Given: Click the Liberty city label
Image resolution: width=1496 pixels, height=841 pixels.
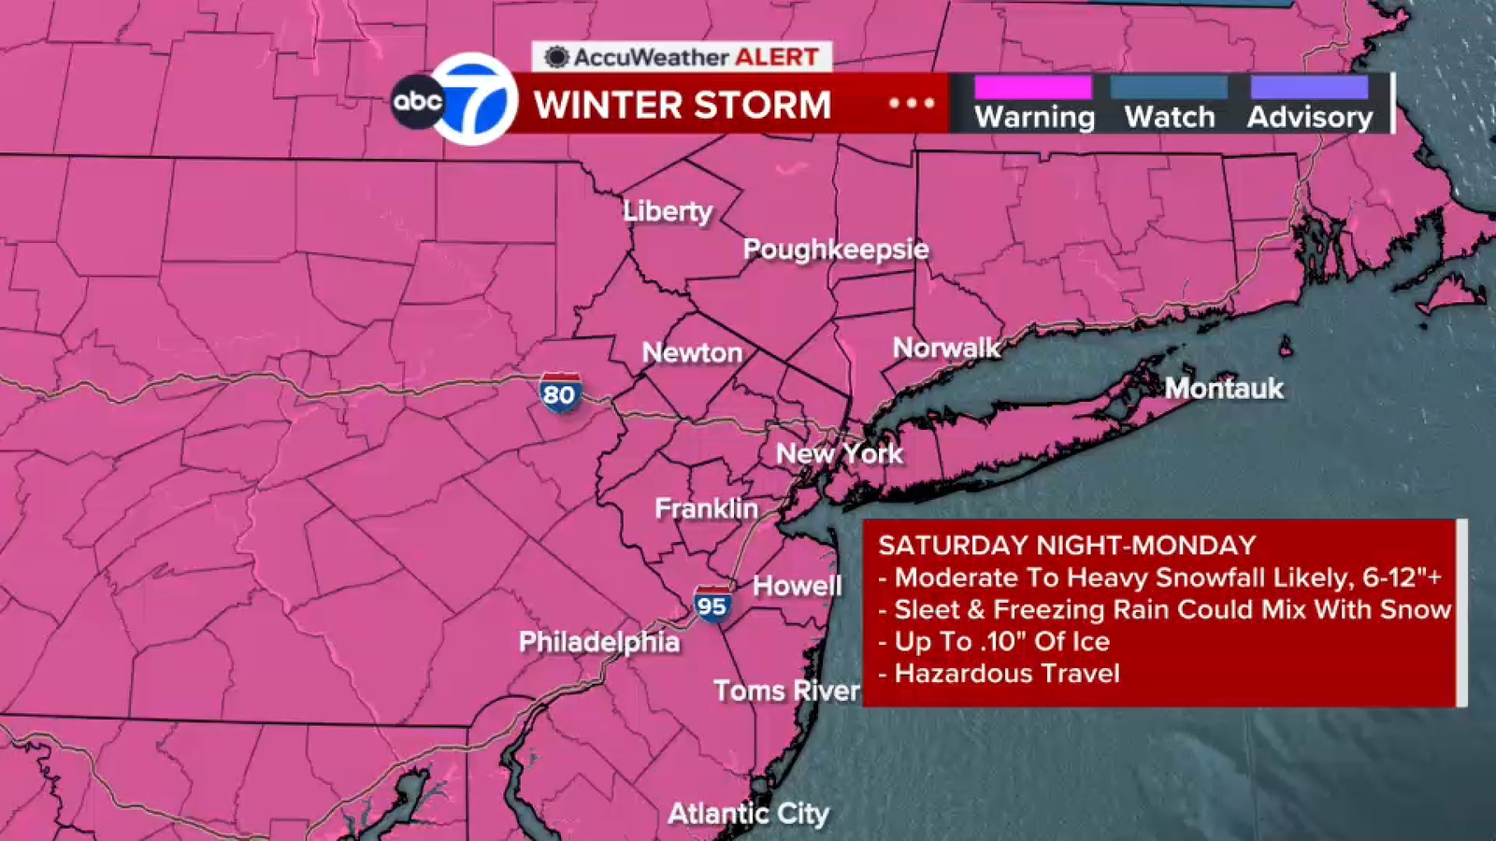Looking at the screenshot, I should [668, 211].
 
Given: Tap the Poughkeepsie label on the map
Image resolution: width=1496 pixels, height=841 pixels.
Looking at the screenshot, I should [836, 249].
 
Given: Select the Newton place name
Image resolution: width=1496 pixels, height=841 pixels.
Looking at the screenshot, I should [692, 352].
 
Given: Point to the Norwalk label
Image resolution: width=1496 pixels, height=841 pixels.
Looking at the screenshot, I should [946, 349].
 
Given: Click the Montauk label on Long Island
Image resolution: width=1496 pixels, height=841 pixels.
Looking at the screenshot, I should [1224, 388].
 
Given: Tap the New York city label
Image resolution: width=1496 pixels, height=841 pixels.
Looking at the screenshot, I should [840, 454].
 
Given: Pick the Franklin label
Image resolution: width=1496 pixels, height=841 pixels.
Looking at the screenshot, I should [706, 508].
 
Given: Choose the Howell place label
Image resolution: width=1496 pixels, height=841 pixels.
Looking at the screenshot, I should [797, 586].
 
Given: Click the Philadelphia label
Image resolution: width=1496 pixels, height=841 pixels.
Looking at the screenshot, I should [599, 642].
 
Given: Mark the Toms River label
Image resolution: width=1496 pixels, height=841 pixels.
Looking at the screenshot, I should [786, 691].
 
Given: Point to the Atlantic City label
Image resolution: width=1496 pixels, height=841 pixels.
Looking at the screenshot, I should [748, 814].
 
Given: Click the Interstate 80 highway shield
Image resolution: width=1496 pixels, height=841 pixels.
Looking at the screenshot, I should [559, 393].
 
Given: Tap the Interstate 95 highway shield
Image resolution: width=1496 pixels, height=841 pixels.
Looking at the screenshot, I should [712, 606].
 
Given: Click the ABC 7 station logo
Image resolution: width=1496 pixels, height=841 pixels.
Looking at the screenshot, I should [455, 100].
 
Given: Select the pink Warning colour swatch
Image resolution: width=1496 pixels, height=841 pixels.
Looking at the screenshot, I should [1033, 88].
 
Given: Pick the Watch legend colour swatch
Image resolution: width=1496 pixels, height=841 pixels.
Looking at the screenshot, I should [1169, 88].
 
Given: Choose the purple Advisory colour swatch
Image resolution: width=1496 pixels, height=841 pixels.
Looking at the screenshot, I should [1309, 88].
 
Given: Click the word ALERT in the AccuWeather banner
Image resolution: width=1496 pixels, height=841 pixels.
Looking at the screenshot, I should [776, 57].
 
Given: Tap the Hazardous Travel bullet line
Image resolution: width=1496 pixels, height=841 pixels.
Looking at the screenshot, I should [1006, 674].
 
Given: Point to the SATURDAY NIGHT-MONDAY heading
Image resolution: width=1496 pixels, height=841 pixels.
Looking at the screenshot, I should [1067, 546].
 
